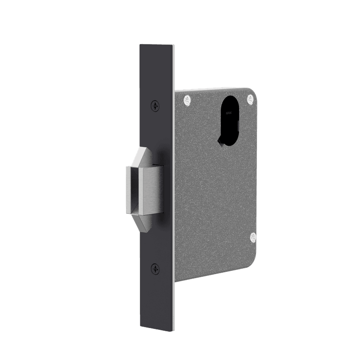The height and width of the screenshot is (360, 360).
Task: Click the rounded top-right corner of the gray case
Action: coord(253,92)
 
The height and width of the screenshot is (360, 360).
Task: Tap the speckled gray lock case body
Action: coord(211,198)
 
